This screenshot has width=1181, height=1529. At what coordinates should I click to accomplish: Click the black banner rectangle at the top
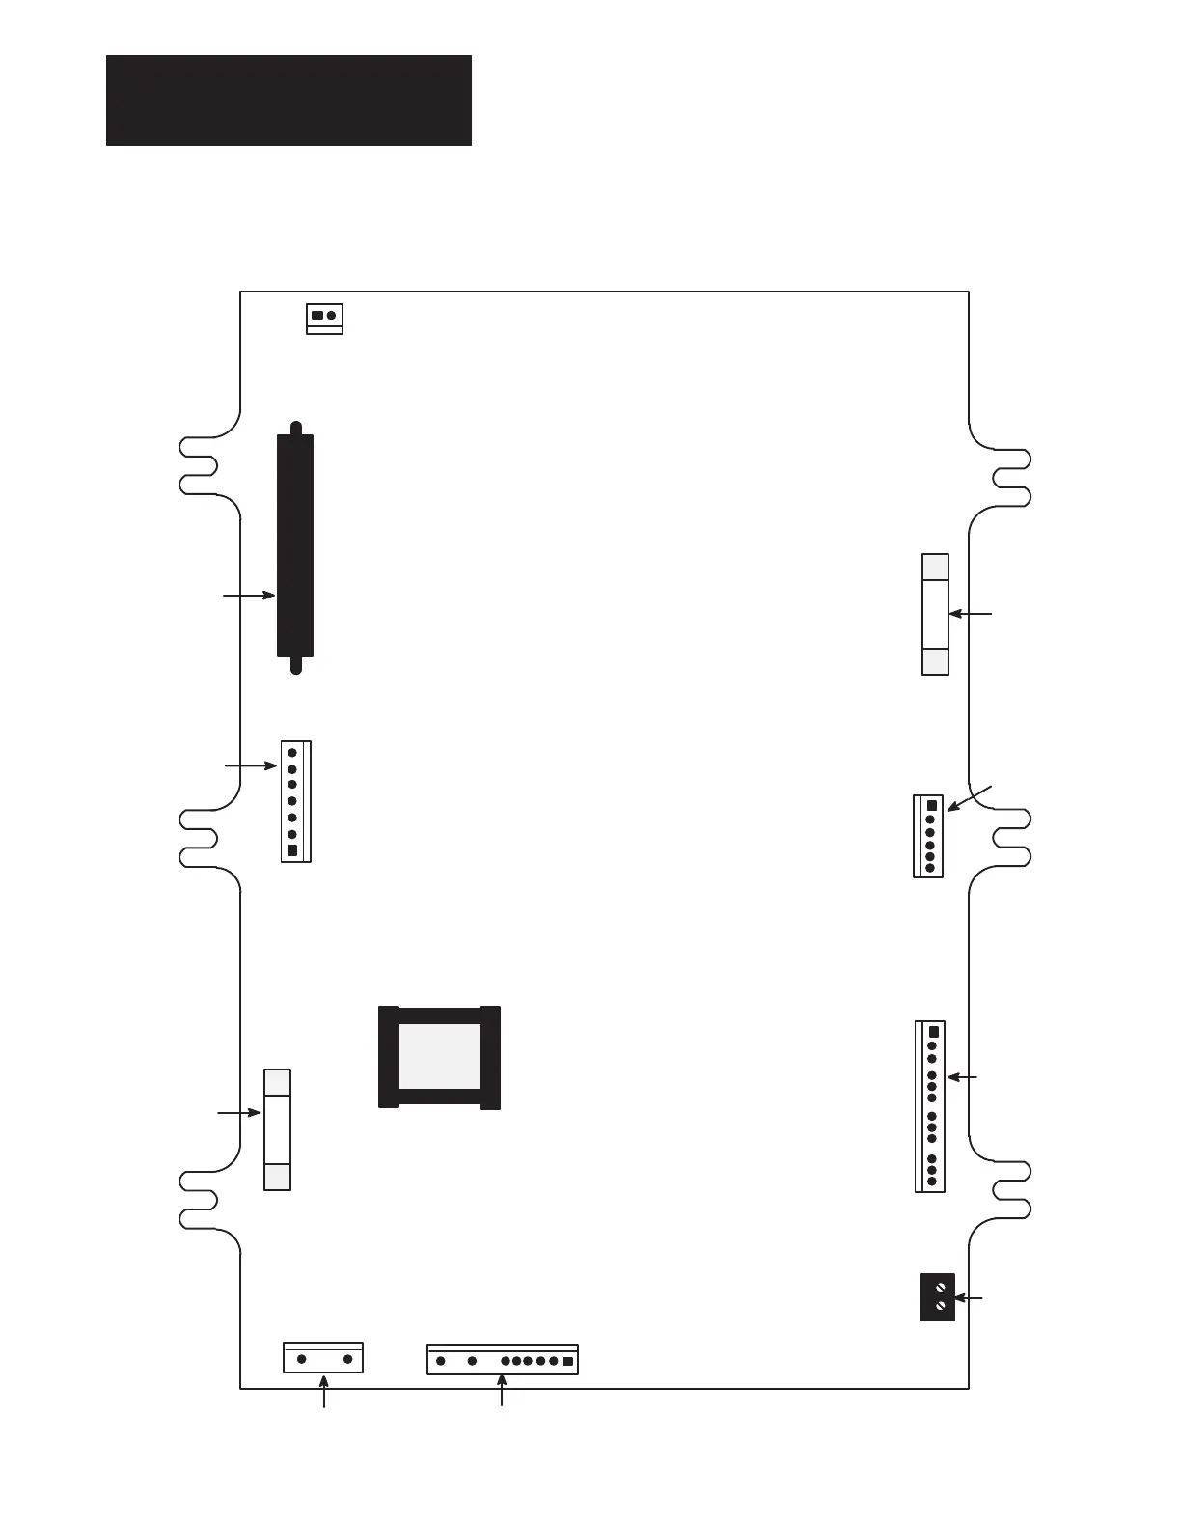288,100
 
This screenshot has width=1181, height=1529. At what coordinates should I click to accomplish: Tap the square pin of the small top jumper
317,316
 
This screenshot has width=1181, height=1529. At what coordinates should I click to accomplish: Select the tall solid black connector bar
295,545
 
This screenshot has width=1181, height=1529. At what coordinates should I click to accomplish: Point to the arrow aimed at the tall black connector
249,597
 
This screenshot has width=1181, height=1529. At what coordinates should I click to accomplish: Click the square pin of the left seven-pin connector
292,851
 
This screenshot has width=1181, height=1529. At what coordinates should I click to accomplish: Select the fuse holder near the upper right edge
935,614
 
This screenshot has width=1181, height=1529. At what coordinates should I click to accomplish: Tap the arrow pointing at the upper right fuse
971,613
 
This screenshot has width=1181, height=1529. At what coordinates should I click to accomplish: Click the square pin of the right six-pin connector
931,806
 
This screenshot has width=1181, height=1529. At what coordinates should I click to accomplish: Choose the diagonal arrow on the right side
969,798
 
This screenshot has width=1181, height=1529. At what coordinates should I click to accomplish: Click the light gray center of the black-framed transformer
439,1055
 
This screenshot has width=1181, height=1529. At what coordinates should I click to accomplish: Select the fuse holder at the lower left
277,1129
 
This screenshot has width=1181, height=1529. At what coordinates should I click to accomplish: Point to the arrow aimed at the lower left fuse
239,1113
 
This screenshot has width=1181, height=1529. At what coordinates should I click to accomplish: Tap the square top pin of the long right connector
932,1032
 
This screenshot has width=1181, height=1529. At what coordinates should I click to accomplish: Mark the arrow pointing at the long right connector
963,1076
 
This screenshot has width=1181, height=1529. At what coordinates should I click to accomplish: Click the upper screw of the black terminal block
939,1288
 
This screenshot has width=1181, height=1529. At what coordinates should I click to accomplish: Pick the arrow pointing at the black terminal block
969,1299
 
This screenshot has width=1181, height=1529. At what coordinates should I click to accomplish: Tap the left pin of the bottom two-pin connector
302,1359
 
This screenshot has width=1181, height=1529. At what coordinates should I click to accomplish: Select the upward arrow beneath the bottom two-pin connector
324,1395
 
